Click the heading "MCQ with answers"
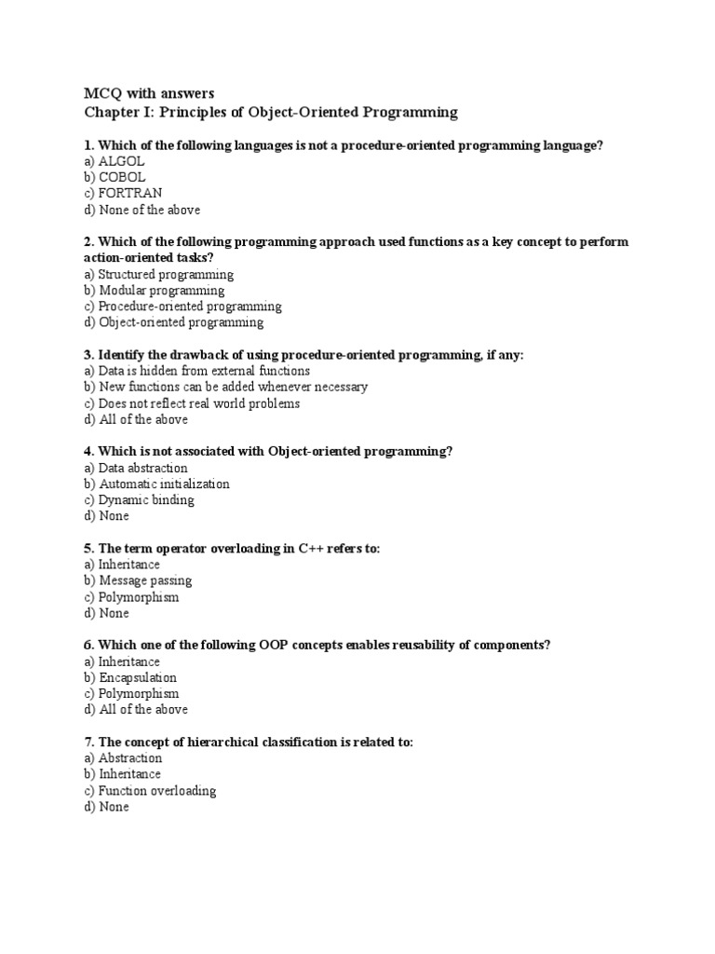[149, 93]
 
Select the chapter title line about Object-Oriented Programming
[271, 113]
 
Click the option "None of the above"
[142, 210]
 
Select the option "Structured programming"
[158, 275]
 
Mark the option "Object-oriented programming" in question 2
[173, 322]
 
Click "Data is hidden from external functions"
[196, 371]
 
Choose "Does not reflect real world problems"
[192, 403]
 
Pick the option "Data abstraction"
[135, 468]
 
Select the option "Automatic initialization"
[156, 484]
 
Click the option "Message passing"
[138, 580]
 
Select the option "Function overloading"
[150, 791]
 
